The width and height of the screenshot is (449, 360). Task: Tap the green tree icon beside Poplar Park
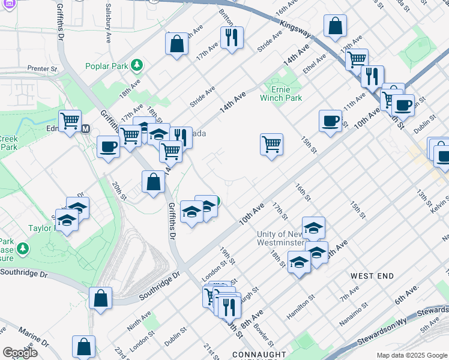coord(137,64)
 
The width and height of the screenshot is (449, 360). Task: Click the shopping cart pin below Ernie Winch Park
coord(271,144)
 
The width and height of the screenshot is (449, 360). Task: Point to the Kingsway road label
coord(294,28)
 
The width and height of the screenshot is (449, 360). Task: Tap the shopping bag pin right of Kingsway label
coord(335,26)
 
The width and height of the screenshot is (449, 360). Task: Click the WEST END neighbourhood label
coord(372,276)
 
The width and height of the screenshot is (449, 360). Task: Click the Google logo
coord(20,353)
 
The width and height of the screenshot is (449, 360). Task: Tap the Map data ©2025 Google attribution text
coord(412,355)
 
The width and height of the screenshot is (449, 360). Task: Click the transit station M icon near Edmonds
coord(85,128)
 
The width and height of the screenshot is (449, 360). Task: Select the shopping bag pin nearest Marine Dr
coord(83,346)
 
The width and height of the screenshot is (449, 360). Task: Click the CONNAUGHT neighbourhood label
coord(255,354)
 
